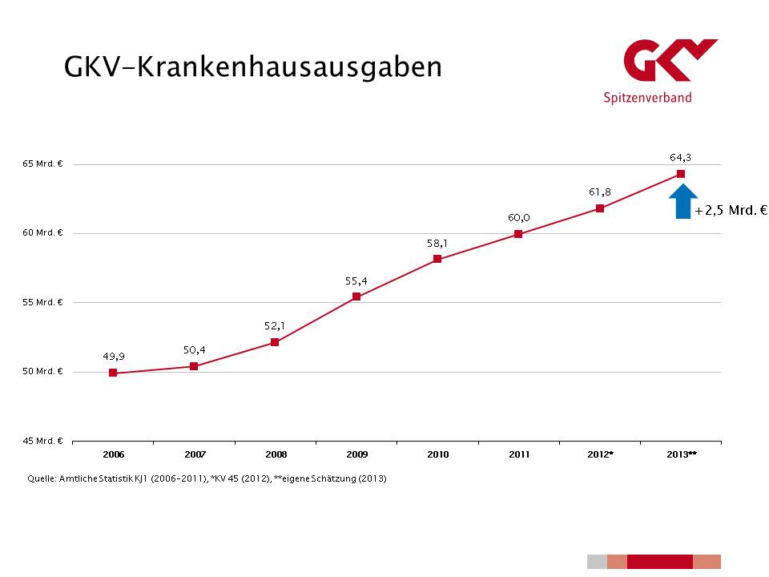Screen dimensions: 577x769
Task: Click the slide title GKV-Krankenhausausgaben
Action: pyautogui.click(x=253, y=67)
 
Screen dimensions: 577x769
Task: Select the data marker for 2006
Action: pyautogui.click(x=113, y=373)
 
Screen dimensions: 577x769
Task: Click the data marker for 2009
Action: pyautogui.click(x=356, y=297)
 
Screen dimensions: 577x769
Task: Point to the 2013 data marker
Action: pyautogui.click(x=681, y=174)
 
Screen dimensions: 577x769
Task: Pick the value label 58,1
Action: pyautogui.click(x=437, y=242)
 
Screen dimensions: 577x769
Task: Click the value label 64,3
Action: pyautogui.click(x=681, y=157)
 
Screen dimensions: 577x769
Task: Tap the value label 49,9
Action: pyautogui.click(x=113, y=356)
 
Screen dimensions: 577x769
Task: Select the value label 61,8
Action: pyautogui.click(x=600, y=192)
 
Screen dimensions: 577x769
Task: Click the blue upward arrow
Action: pyautogui.click(x=682, y=201)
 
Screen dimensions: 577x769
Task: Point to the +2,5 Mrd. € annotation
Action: pyautogui.click(x=731, y=211)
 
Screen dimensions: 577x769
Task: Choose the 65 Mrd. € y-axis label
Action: pyautogui.click(x=43, y=164)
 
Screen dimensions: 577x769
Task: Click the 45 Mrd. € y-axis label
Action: pyautogui.click(x=43, y=441)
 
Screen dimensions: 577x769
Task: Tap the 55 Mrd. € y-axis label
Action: pyautogui.click(x=43, y=303)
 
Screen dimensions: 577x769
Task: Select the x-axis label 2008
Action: pyautogui.click(x=276, y=454)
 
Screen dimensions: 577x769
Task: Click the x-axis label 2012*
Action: pyautogui.click(x=601, y=454)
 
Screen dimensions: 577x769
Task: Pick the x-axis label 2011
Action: pyautogui.click(x=519, y=454)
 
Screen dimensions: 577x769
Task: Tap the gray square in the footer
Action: pyautogui.click(x=597, y=561)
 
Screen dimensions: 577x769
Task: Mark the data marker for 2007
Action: pyautogui.click(x=194, y=366)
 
